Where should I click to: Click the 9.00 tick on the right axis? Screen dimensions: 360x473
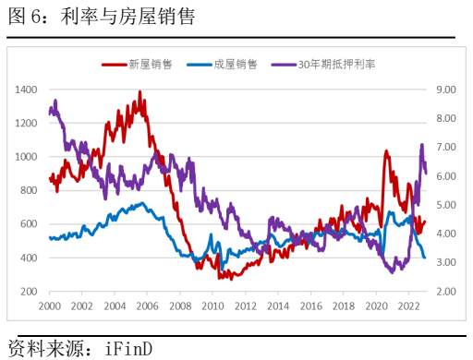pos(446,90)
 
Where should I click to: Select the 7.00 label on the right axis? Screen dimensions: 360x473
pos(446,148)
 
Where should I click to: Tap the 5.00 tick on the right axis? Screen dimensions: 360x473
pos(446,205)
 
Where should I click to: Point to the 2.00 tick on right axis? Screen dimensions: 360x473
pos(446,292)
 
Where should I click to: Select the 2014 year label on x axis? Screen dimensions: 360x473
pos(277,306)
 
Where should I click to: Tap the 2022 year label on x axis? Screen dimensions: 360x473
pos(407,306)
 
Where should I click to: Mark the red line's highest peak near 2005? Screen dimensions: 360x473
pos(139,91)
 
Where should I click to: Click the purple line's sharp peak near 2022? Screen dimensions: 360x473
pos(421,145)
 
